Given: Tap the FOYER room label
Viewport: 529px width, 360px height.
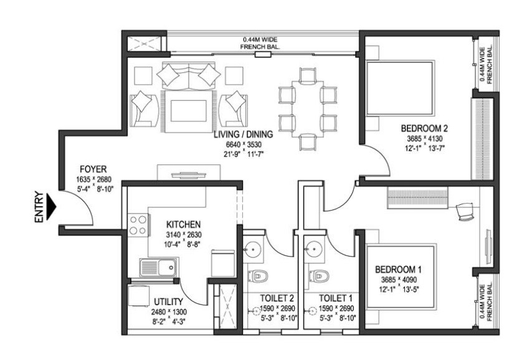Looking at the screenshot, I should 93,169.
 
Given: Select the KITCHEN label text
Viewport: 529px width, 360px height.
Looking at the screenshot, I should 183,224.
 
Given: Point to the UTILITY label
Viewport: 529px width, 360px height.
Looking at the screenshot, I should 168,302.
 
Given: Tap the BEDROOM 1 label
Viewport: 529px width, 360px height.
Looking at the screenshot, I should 398,269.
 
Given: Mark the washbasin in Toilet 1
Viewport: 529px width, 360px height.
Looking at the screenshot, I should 315,248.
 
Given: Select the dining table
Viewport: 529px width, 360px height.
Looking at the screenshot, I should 302,108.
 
